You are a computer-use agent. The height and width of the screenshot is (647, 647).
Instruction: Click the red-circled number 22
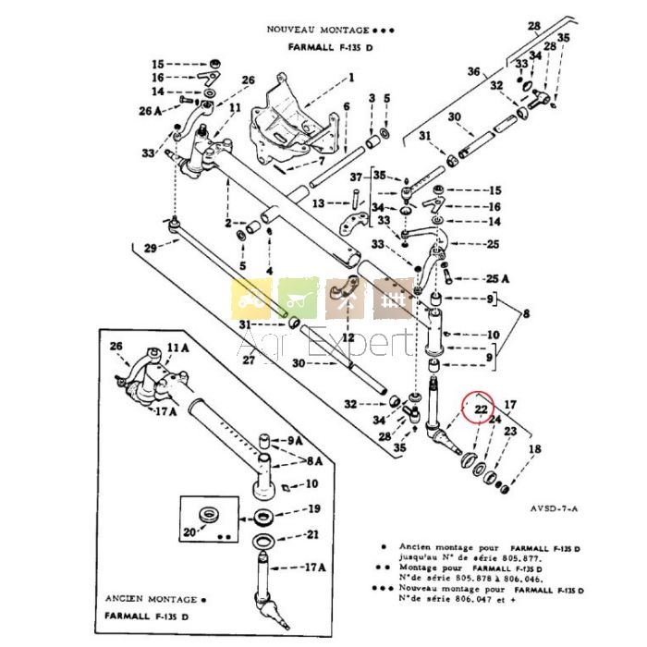[x=481, y=408]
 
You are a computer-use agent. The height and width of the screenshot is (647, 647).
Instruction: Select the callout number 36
[x=474, y=71]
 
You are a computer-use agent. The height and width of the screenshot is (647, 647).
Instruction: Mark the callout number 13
[x=316, y=203]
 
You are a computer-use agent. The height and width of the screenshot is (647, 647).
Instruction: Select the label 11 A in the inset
[x=177, y=348]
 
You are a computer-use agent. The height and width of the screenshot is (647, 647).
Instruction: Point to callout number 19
[x=314, y=508]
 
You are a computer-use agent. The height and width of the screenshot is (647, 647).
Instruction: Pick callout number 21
[x=314, y=533]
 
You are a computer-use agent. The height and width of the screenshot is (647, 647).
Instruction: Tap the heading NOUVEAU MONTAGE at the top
[x=319, y=30]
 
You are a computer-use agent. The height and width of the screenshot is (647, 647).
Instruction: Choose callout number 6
[x=347, y=107]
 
